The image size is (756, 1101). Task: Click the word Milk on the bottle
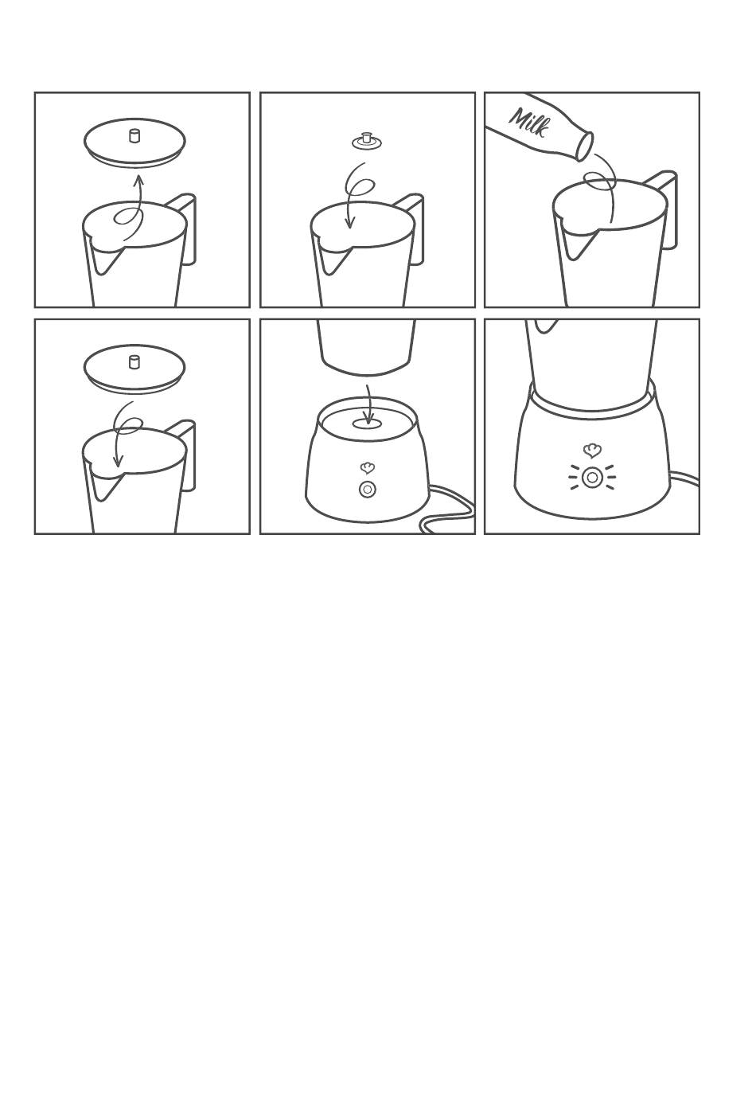(529, 122)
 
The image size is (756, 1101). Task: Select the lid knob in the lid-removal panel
(134, 135)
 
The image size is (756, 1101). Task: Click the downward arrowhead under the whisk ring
(349, 224)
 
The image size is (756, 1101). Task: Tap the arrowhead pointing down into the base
(370, 419)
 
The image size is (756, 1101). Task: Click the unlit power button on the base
(367, 489)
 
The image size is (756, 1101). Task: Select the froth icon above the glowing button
(592, 451)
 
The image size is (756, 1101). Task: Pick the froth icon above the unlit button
(367, 468)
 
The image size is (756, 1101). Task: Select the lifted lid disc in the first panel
(134, 142)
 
